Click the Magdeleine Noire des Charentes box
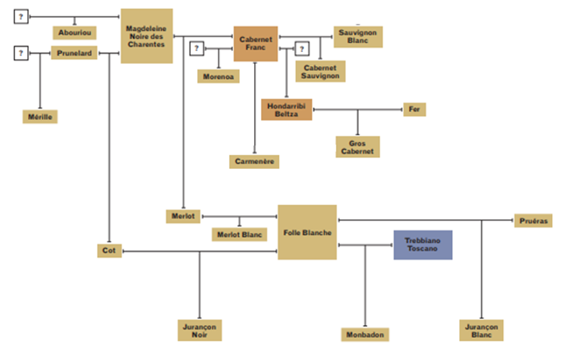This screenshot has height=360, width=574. tap(146, 36)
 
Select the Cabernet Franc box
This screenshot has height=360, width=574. tap(255, 43)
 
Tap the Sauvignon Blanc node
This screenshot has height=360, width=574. tap(358, 37)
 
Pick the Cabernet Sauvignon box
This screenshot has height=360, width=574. tap(320, 71)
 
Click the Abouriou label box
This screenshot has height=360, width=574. tap(74, 33)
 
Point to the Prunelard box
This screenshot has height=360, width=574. tap(74, 53)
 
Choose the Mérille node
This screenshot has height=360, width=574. tap(39, 116)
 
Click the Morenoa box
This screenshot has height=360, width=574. tap(219, 76)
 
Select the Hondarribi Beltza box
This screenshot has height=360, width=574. tap(286, 109)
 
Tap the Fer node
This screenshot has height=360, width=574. tap(414, 109)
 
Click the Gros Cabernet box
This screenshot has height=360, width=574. tap(358, 146)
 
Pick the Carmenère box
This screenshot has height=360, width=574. tap(253, 162)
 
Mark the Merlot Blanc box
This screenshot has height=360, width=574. tap(238, 234)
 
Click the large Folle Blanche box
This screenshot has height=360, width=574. tap(307, 232)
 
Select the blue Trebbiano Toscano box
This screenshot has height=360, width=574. tap(422, 245)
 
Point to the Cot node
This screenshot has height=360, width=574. tap(109, 251)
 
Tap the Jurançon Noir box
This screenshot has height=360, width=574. tap(199, 329)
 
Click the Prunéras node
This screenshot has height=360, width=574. tap(533, 221)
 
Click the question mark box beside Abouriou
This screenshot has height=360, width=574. tap(21, 16)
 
